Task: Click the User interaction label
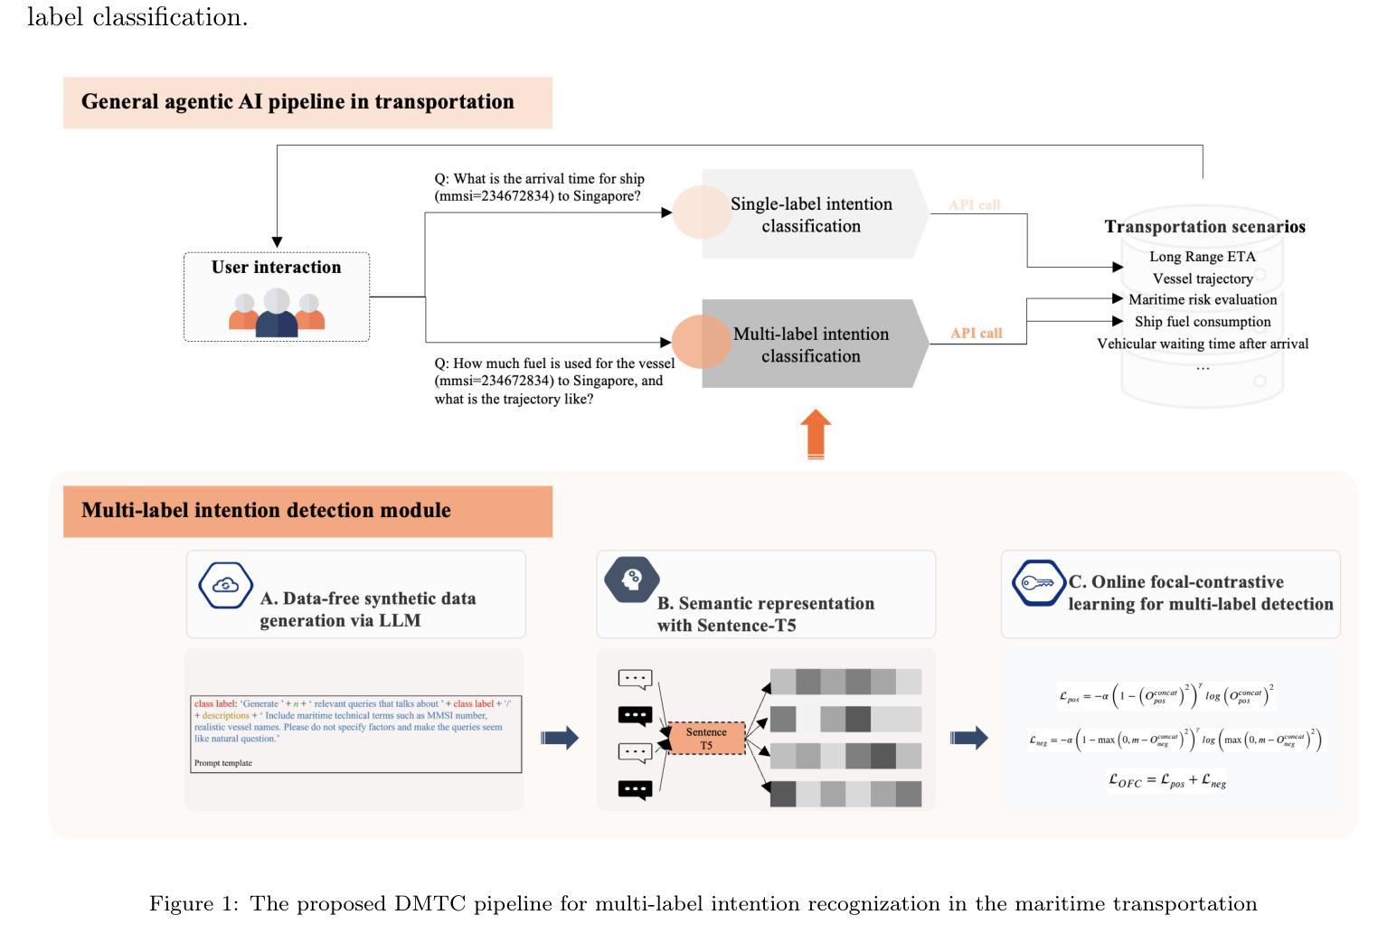[276, 268]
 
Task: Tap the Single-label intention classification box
[811, 215]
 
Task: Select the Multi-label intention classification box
[811, 344]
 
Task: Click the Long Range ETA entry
[1202, 257]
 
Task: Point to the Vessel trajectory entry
[1202, 278]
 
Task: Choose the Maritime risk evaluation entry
[1202, 300]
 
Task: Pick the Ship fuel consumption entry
[1202, 322]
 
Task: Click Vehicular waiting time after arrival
[1202, 344]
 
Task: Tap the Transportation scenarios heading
[1204, 227]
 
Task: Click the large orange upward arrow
[816, 434]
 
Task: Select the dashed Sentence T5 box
[706, 739]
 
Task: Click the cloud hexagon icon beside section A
[225, 586]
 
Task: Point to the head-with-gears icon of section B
[632, 579]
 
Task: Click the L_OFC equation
[1166, 780]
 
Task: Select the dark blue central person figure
[277, 315]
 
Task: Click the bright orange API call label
[976, 334]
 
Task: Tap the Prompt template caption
[223, 763]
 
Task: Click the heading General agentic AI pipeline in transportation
[297, 102]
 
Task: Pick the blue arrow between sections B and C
[968, 739]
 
